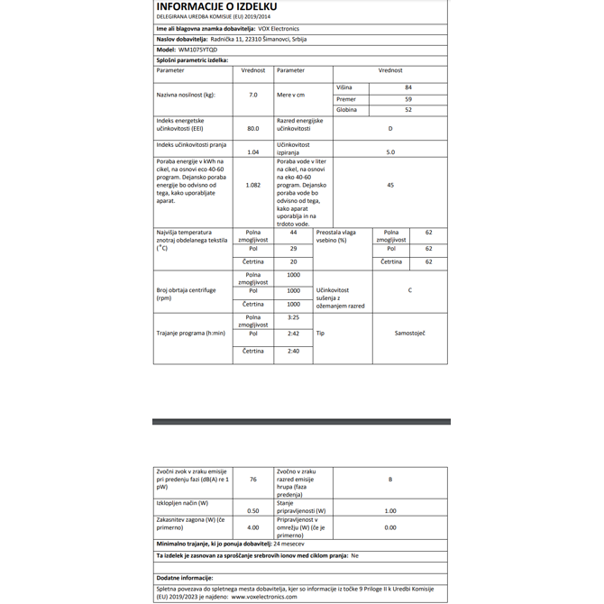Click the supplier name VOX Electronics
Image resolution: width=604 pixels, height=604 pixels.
279,29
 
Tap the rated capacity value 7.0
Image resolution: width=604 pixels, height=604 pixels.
253,94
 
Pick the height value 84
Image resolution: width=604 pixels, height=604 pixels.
408,87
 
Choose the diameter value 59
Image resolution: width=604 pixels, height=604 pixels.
408,98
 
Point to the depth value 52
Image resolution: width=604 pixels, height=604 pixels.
408,110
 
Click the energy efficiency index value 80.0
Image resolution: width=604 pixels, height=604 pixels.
253,129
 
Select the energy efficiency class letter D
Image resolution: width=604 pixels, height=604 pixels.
390,128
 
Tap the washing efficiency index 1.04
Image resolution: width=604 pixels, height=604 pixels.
253,152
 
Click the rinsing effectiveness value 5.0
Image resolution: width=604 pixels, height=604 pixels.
390,152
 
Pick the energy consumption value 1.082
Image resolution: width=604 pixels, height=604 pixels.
253,185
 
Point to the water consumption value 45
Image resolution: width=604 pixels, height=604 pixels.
390,185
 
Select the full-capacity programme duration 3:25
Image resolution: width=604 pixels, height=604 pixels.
293,317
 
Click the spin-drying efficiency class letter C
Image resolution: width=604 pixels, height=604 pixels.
410,290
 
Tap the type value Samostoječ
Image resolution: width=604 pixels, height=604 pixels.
410,334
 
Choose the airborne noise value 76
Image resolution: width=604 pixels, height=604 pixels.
253,480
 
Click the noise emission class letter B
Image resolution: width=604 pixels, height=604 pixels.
390,480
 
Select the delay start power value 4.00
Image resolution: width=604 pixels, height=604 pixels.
253,527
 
